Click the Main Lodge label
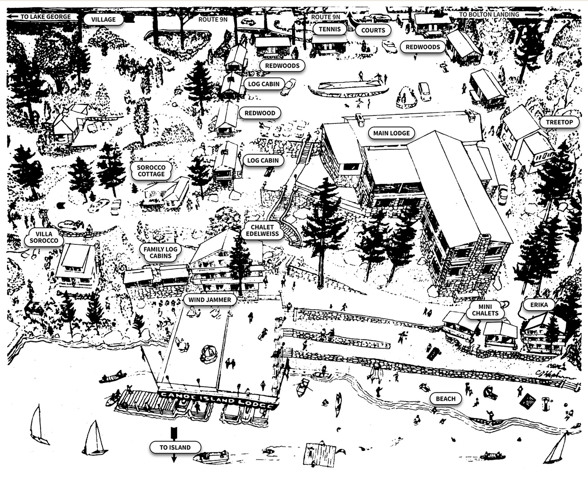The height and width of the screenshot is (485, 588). (391, 133)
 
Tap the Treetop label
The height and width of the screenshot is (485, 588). (559, 122)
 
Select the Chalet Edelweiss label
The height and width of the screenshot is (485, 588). (262, 231)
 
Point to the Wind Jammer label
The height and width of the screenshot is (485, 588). (210, 300)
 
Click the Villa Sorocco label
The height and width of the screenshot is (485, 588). (44, 237)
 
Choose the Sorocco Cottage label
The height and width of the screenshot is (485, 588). (151, 171)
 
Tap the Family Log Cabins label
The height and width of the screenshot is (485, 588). (160, 253)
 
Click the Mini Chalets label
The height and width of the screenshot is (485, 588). (485, 310)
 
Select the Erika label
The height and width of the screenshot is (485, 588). (539, 305)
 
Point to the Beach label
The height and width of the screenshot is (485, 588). (445, 399)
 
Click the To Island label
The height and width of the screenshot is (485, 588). (175, 447)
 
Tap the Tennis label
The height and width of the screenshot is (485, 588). (330, 29)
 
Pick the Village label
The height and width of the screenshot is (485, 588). (103, 19)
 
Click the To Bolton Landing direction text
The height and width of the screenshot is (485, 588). (489, 14)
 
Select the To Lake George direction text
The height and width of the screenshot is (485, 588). (46, 17)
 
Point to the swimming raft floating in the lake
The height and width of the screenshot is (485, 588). (319, 455)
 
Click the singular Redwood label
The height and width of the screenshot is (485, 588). (260, 113)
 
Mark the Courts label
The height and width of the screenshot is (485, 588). (373, 30)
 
